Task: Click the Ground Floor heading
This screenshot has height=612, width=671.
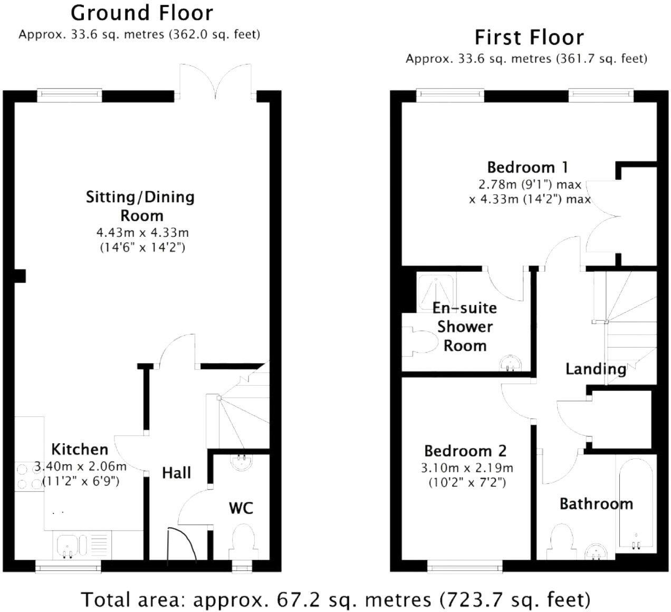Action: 142,14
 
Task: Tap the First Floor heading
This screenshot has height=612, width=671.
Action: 529,37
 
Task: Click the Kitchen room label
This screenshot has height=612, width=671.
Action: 80,450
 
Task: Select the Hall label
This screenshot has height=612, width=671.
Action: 176,473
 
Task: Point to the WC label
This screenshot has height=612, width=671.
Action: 241,508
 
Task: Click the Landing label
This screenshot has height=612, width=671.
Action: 596,369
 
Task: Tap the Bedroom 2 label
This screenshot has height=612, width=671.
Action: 465,451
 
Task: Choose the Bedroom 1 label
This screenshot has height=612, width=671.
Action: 528,167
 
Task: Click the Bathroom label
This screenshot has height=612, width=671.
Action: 597,504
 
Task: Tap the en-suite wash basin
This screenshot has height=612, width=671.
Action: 510,364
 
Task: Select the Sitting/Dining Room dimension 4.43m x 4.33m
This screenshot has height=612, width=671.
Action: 142,232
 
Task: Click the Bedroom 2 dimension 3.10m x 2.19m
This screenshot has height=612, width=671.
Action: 467,468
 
